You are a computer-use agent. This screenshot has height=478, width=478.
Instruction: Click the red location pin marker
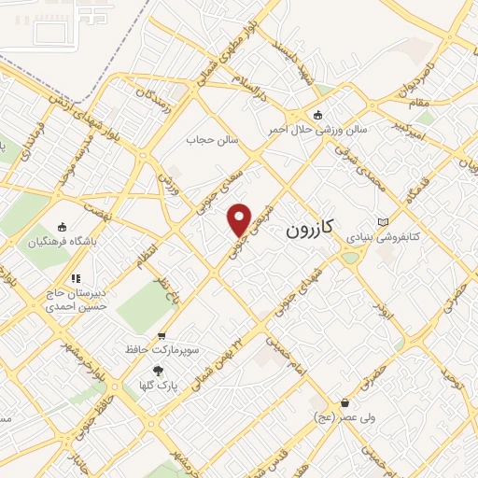click(x=240, y=219)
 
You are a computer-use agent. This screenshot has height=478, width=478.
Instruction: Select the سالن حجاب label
click(x=215, y=140)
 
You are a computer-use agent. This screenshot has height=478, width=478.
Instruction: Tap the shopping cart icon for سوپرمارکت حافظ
click(x=162, y=336)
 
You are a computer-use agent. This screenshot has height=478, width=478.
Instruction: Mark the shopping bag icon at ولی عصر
click(x=345, y=403)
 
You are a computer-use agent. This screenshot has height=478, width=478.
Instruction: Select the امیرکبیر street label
click(x=413, y=123)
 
